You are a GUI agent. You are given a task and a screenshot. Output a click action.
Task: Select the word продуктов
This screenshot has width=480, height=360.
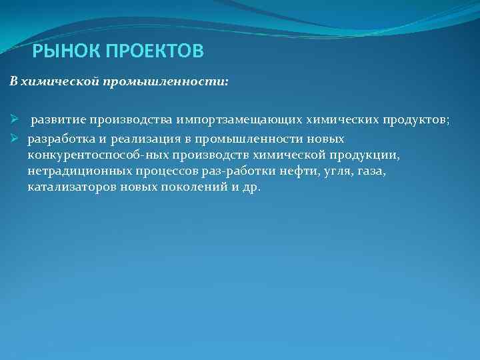coord(416,120)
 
